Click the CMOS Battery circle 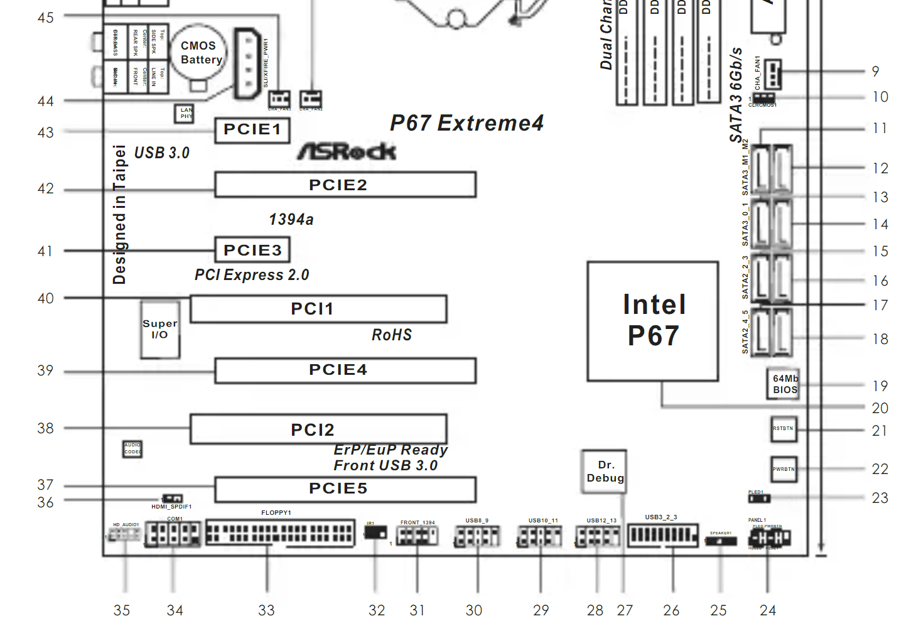(x=198, y=53)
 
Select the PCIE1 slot (x=252, y=130)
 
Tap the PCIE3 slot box (x=252, y=250)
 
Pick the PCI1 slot (x=318, y=309)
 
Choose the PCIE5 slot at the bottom (x=345, y=489)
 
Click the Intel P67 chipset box (x=653, y=321)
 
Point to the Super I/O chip (x=160, y=330)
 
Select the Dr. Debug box (x=604, y=471)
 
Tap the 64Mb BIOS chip (x=784, y=384)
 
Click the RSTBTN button (x=784, y=429)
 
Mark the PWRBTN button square (x=784, y=469)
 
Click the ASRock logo (x=347, y=151)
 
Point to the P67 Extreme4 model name (x=466, y=123)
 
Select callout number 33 (x=266, y=610)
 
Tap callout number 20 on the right (x=880, y=408)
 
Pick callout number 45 (x=45, y=18)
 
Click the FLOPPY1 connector (x=280, y=533)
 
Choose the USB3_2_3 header (x=662, y=535)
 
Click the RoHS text (x=392, y=335)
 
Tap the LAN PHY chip (x=185, y=113)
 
